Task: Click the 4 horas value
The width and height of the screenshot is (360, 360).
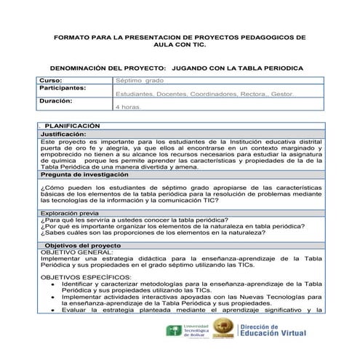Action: point(129,107)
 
